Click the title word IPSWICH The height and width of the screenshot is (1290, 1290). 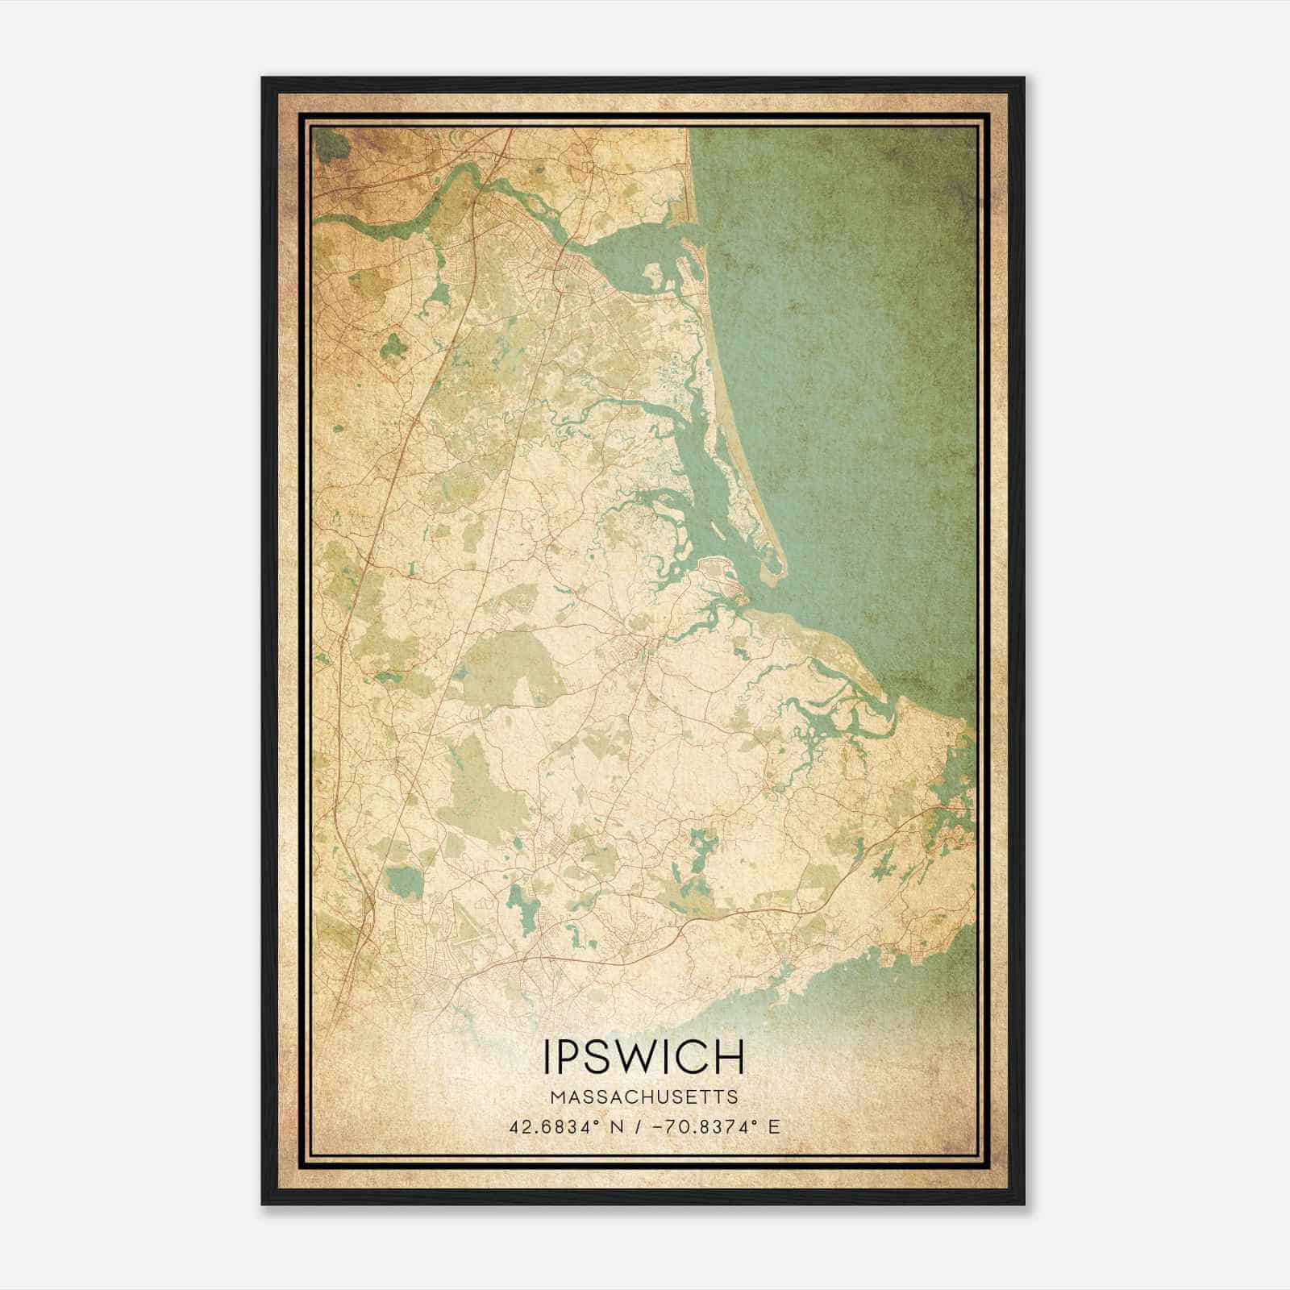pos(644,1057)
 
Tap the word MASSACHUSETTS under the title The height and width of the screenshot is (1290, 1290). pos(644,1097)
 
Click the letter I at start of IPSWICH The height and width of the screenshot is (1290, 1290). pos(550,1057)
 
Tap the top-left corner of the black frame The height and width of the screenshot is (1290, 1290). pos(264,79)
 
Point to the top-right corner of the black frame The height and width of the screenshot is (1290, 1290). pos(1023,79)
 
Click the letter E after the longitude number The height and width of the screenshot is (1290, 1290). pos(775,1126)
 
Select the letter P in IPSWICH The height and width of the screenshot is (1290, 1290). pos(574,1057)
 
